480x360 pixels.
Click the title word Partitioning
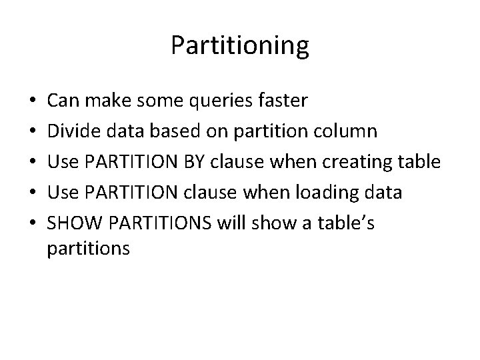click(x=240, y=46)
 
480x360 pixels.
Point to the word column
click(x=347, y=131)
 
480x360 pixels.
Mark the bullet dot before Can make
click(x=33, y=102)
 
